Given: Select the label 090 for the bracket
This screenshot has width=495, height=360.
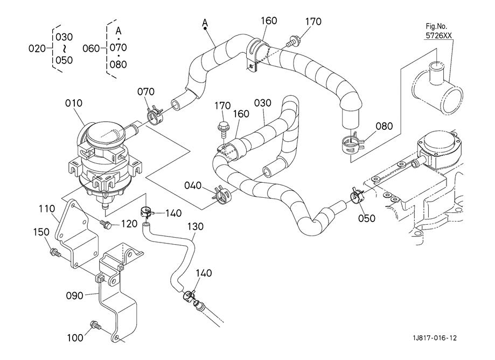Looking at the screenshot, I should pos(74,295).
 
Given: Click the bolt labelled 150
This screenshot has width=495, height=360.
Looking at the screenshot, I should pos(54,252).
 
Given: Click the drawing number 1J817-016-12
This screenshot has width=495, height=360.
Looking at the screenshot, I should pos(435,338).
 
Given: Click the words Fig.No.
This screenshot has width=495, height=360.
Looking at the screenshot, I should pos(437,25).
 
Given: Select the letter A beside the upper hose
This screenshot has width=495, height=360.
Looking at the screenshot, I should pos(205,22).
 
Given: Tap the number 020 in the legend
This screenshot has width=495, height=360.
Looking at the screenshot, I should pos(37,48).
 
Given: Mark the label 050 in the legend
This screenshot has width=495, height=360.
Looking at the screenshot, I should pos(64,60).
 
